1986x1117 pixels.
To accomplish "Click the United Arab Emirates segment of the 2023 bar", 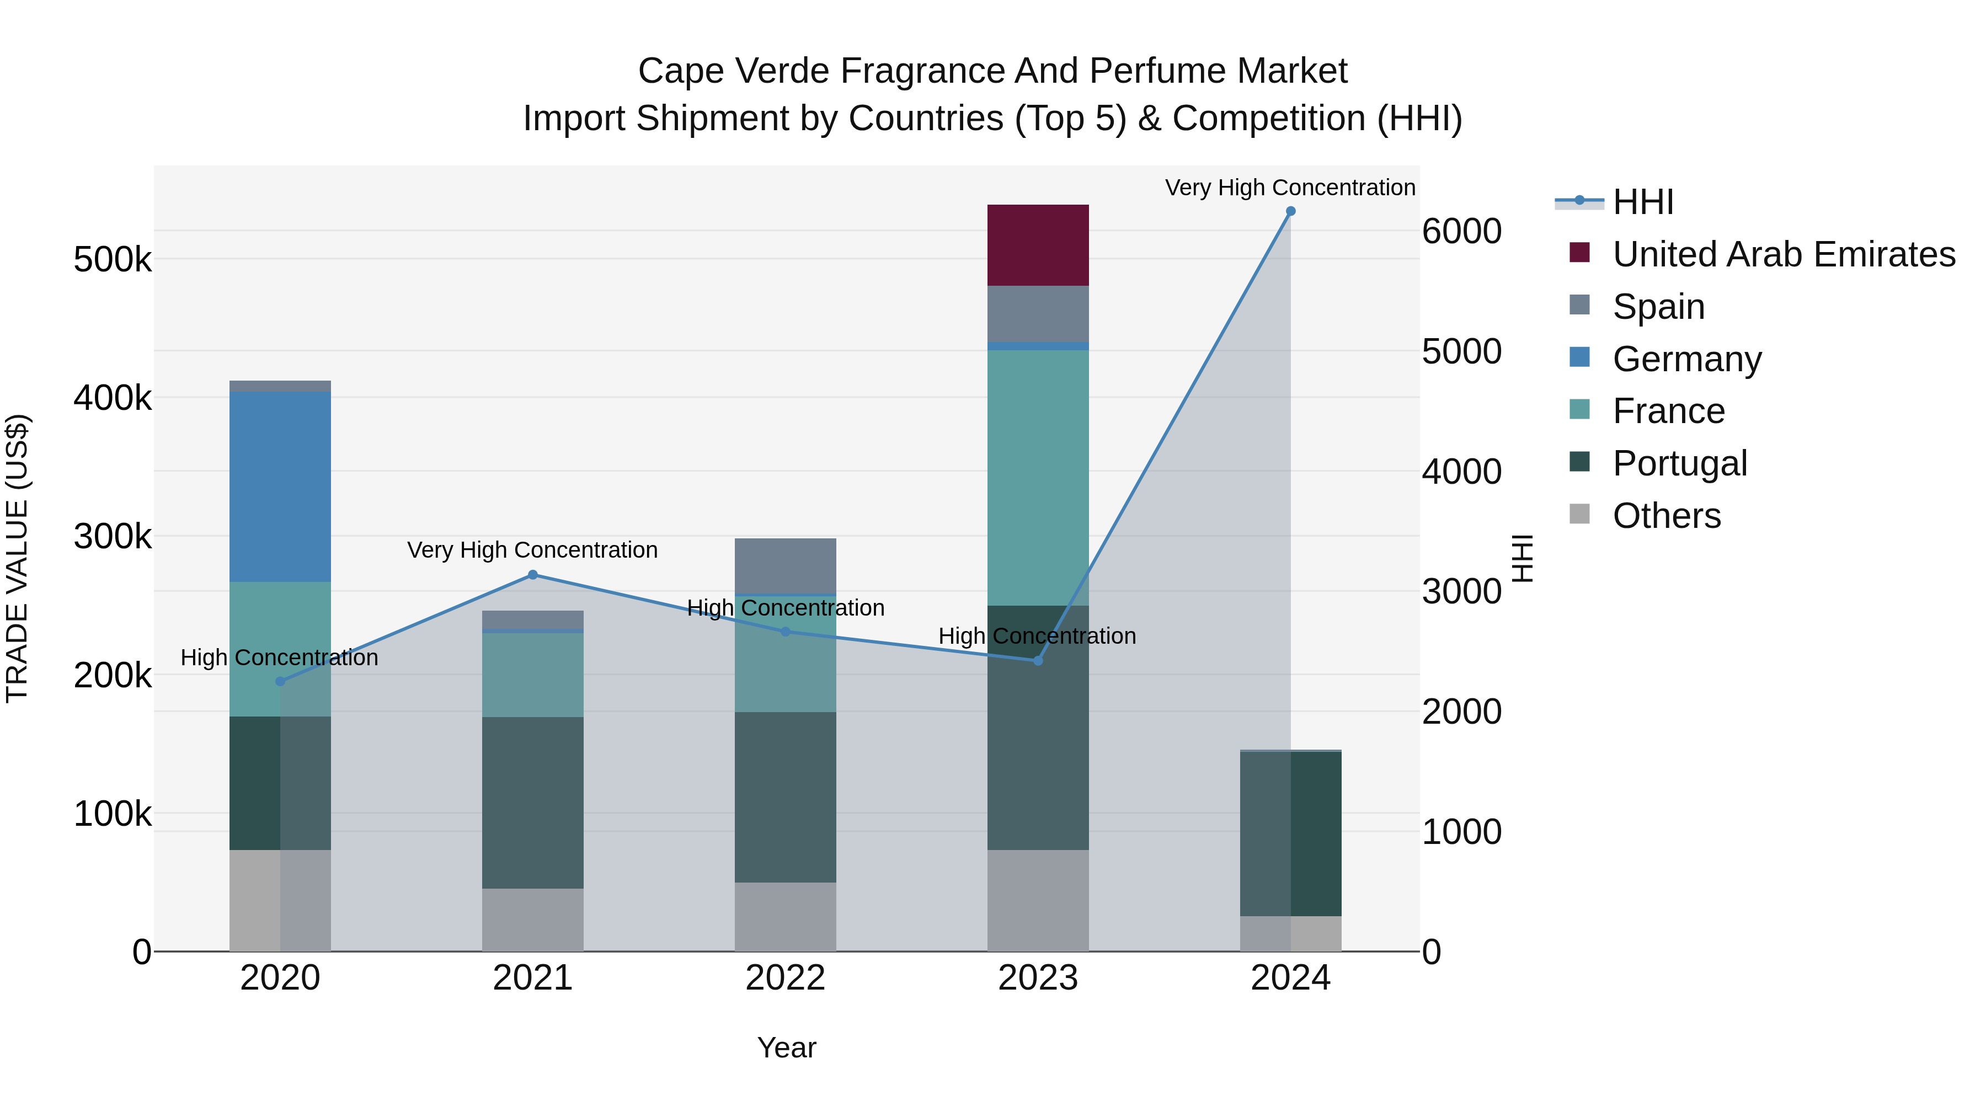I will [x=1038, y=245].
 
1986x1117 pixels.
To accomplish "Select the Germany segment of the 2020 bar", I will [x=280, y=487].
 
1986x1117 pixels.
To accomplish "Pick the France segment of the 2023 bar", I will [x=1038, y=478].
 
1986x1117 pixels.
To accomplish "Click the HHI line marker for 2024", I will [x=1290, y=211].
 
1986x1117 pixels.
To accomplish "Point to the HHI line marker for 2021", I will [x=532, y=575].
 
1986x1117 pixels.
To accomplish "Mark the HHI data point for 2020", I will [x=280, y=681].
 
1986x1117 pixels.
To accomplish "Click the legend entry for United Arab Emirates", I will [x=1783, y=254].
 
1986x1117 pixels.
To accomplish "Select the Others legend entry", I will [x=1666, y=516].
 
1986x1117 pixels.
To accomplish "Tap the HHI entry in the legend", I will [x=1642, y=202].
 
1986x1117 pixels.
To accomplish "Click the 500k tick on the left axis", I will [x=113, y=260].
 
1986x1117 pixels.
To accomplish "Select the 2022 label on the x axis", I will [x=785, y=978].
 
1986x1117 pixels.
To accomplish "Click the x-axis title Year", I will [x=786, y=1047].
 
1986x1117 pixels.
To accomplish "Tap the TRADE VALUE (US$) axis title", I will [x=17, y=558].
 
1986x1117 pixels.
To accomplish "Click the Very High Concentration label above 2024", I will [x=1290, y=188].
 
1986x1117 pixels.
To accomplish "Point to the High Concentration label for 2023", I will [x=1037, y=636].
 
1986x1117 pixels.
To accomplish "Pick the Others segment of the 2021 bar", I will [x=532, y=920].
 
